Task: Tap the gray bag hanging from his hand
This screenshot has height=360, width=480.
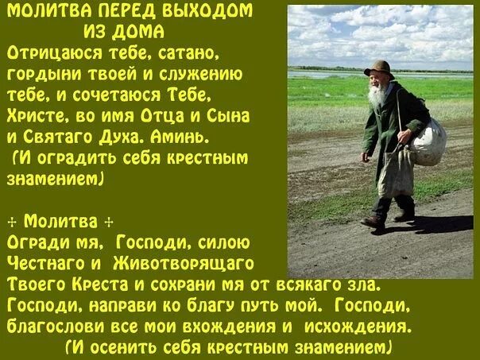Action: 395,171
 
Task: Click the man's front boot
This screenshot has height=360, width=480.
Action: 373,222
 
